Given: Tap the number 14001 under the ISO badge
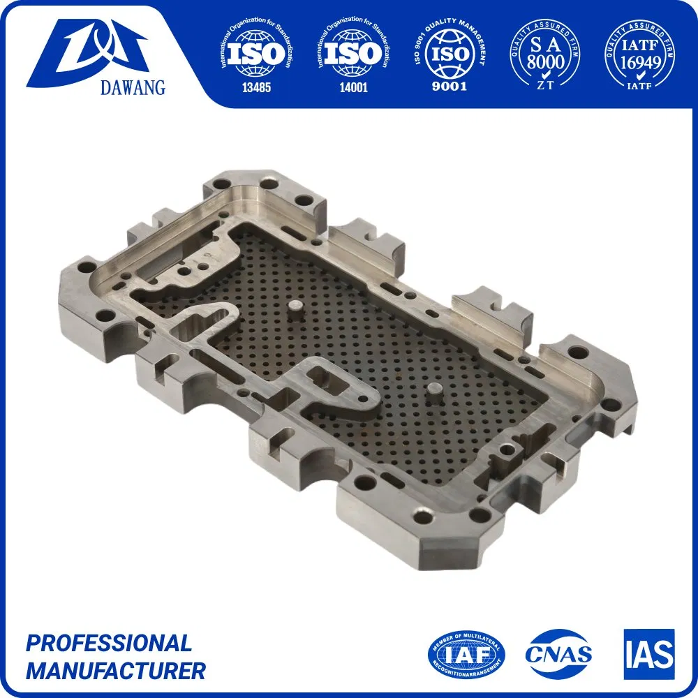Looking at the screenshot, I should point(351,88).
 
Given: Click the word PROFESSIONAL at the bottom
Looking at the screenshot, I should point(108,643).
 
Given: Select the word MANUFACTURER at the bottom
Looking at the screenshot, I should point(116,671).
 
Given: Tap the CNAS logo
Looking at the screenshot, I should point(558,654).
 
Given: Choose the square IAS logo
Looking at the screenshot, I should point(649,654).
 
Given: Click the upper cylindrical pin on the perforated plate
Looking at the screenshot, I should point(296,309).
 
